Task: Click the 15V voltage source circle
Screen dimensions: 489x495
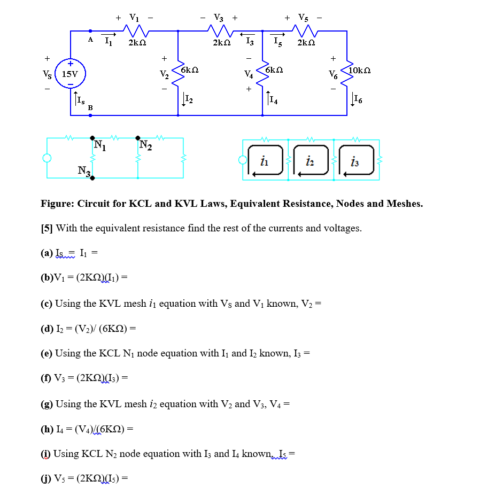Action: [x=70, y=74]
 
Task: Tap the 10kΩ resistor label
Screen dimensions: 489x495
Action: [x=359, y=70]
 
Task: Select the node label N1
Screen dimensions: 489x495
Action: [x=99, y=144]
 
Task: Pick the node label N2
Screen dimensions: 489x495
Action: [x=145, y=144]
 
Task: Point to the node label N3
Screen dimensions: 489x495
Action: [x=84, y=171]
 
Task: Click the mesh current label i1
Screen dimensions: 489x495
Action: [x=264, y=160]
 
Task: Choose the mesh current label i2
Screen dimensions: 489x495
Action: [x=310, y=160]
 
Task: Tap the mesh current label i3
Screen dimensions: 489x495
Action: [x=355, y=160]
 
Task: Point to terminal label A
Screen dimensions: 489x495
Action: [x=91, y=40]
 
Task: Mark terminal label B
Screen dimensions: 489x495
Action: [x=90, y=108]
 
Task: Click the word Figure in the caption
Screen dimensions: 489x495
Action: [x=57, y=204]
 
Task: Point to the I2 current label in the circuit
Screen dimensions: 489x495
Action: [x=187, y=98]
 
